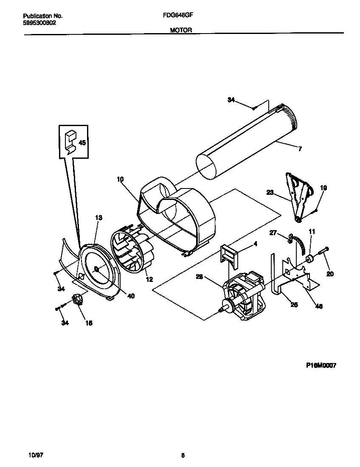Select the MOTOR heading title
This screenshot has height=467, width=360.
point(181,30)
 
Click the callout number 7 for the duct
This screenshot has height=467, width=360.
point(300,149)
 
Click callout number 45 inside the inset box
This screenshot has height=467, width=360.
point(82,143)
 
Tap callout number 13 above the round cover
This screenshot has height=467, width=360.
point(98,218)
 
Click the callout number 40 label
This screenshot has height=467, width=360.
point(131,296)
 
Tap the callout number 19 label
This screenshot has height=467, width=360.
point(323,187)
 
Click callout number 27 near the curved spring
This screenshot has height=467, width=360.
point(273,232)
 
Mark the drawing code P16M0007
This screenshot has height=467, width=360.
point(320,365)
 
